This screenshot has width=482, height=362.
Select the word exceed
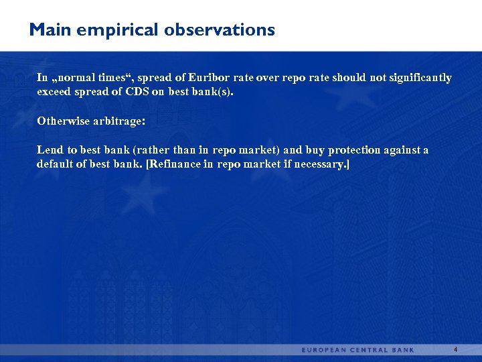54,93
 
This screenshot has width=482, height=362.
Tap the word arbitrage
118,121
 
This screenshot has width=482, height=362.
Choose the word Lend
49,150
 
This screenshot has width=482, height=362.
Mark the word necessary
320,164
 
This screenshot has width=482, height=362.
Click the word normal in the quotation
74,78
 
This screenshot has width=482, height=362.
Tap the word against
400,150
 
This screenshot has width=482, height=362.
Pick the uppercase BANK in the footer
404,350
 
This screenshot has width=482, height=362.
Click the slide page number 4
455,349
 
